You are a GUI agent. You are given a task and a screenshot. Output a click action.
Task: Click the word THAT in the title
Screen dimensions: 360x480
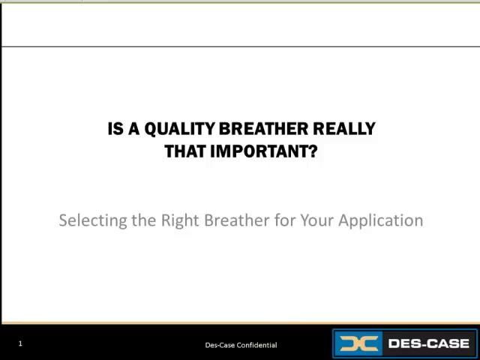pos(185,151)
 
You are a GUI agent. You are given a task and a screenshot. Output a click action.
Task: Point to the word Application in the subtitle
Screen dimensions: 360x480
pos(381,220)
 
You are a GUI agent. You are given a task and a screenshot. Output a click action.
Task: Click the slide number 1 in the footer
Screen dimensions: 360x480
pos(20,343)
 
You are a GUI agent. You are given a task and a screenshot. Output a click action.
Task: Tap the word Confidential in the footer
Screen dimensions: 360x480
pos(257,345)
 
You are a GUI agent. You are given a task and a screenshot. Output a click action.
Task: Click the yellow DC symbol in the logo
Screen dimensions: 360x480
pos(357,344)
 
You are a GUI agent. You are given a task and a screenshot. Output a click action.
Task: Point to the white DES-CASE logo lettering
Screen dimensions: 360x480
pos(428,344)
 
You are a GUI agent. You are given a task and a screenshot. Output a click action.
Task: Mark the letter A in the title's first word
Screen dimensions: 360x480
pos(134,129)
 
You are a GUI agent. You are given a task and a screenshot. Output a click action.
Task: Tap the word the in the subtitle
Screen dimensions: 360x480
pos(144,220)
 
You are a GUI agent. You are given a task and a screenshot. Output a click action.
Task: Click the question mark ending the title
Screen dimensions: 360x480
pos(313,151)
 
